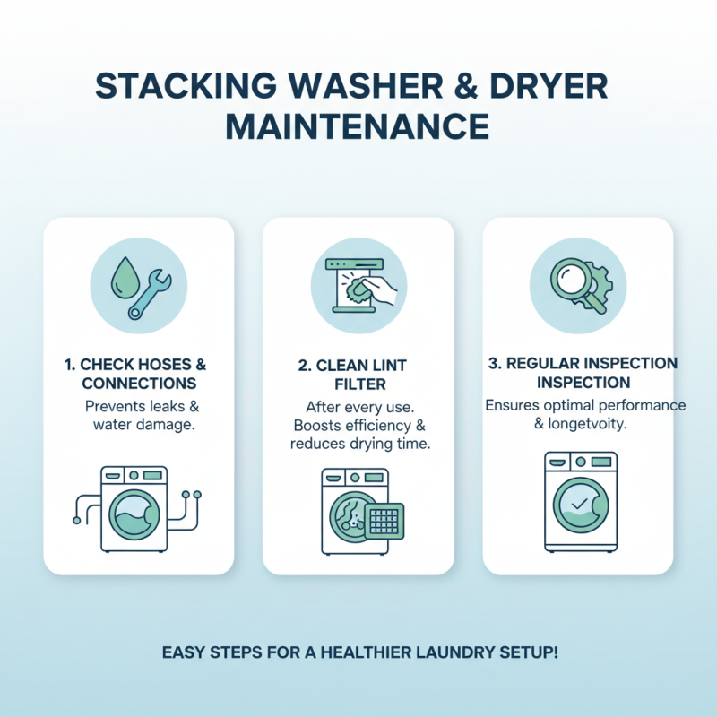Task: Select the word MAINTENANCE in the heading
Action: point(358,125)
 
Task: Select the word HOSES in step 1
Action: point(160,365)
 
